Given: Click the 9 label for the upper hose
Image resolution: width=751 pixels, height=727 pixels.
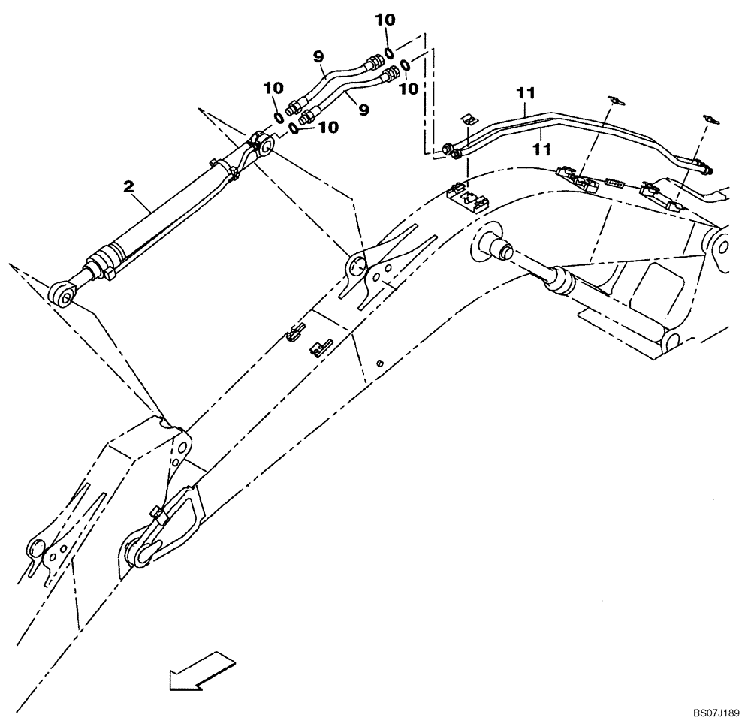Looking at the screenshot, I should tap(319, 55).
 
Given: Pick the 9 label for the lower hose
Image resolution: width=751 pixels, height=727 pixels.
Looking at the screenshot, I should tap(363, 110).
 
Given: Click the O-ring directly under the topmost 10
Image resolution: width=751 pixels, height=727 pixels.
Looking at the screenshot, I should tap(388, 51).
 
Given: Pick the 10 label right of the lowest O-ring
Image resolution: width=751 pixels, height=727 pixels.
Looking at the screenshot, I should tap(327, 128).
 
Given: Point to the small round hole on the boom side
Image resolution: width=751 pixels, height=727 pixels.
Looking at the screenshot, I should tap(381, 364).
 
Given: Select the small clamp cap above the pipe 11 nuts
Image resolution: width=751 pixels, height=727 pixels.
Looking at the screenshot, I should tap(467, 119).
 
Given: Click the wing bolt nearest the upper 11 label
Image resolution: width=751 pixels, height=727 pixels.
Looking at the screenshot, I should tap(614, 100).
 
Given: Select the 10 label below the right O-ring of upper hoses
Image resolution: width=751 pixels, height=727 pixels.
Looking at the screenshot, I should tap(409, 88).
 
